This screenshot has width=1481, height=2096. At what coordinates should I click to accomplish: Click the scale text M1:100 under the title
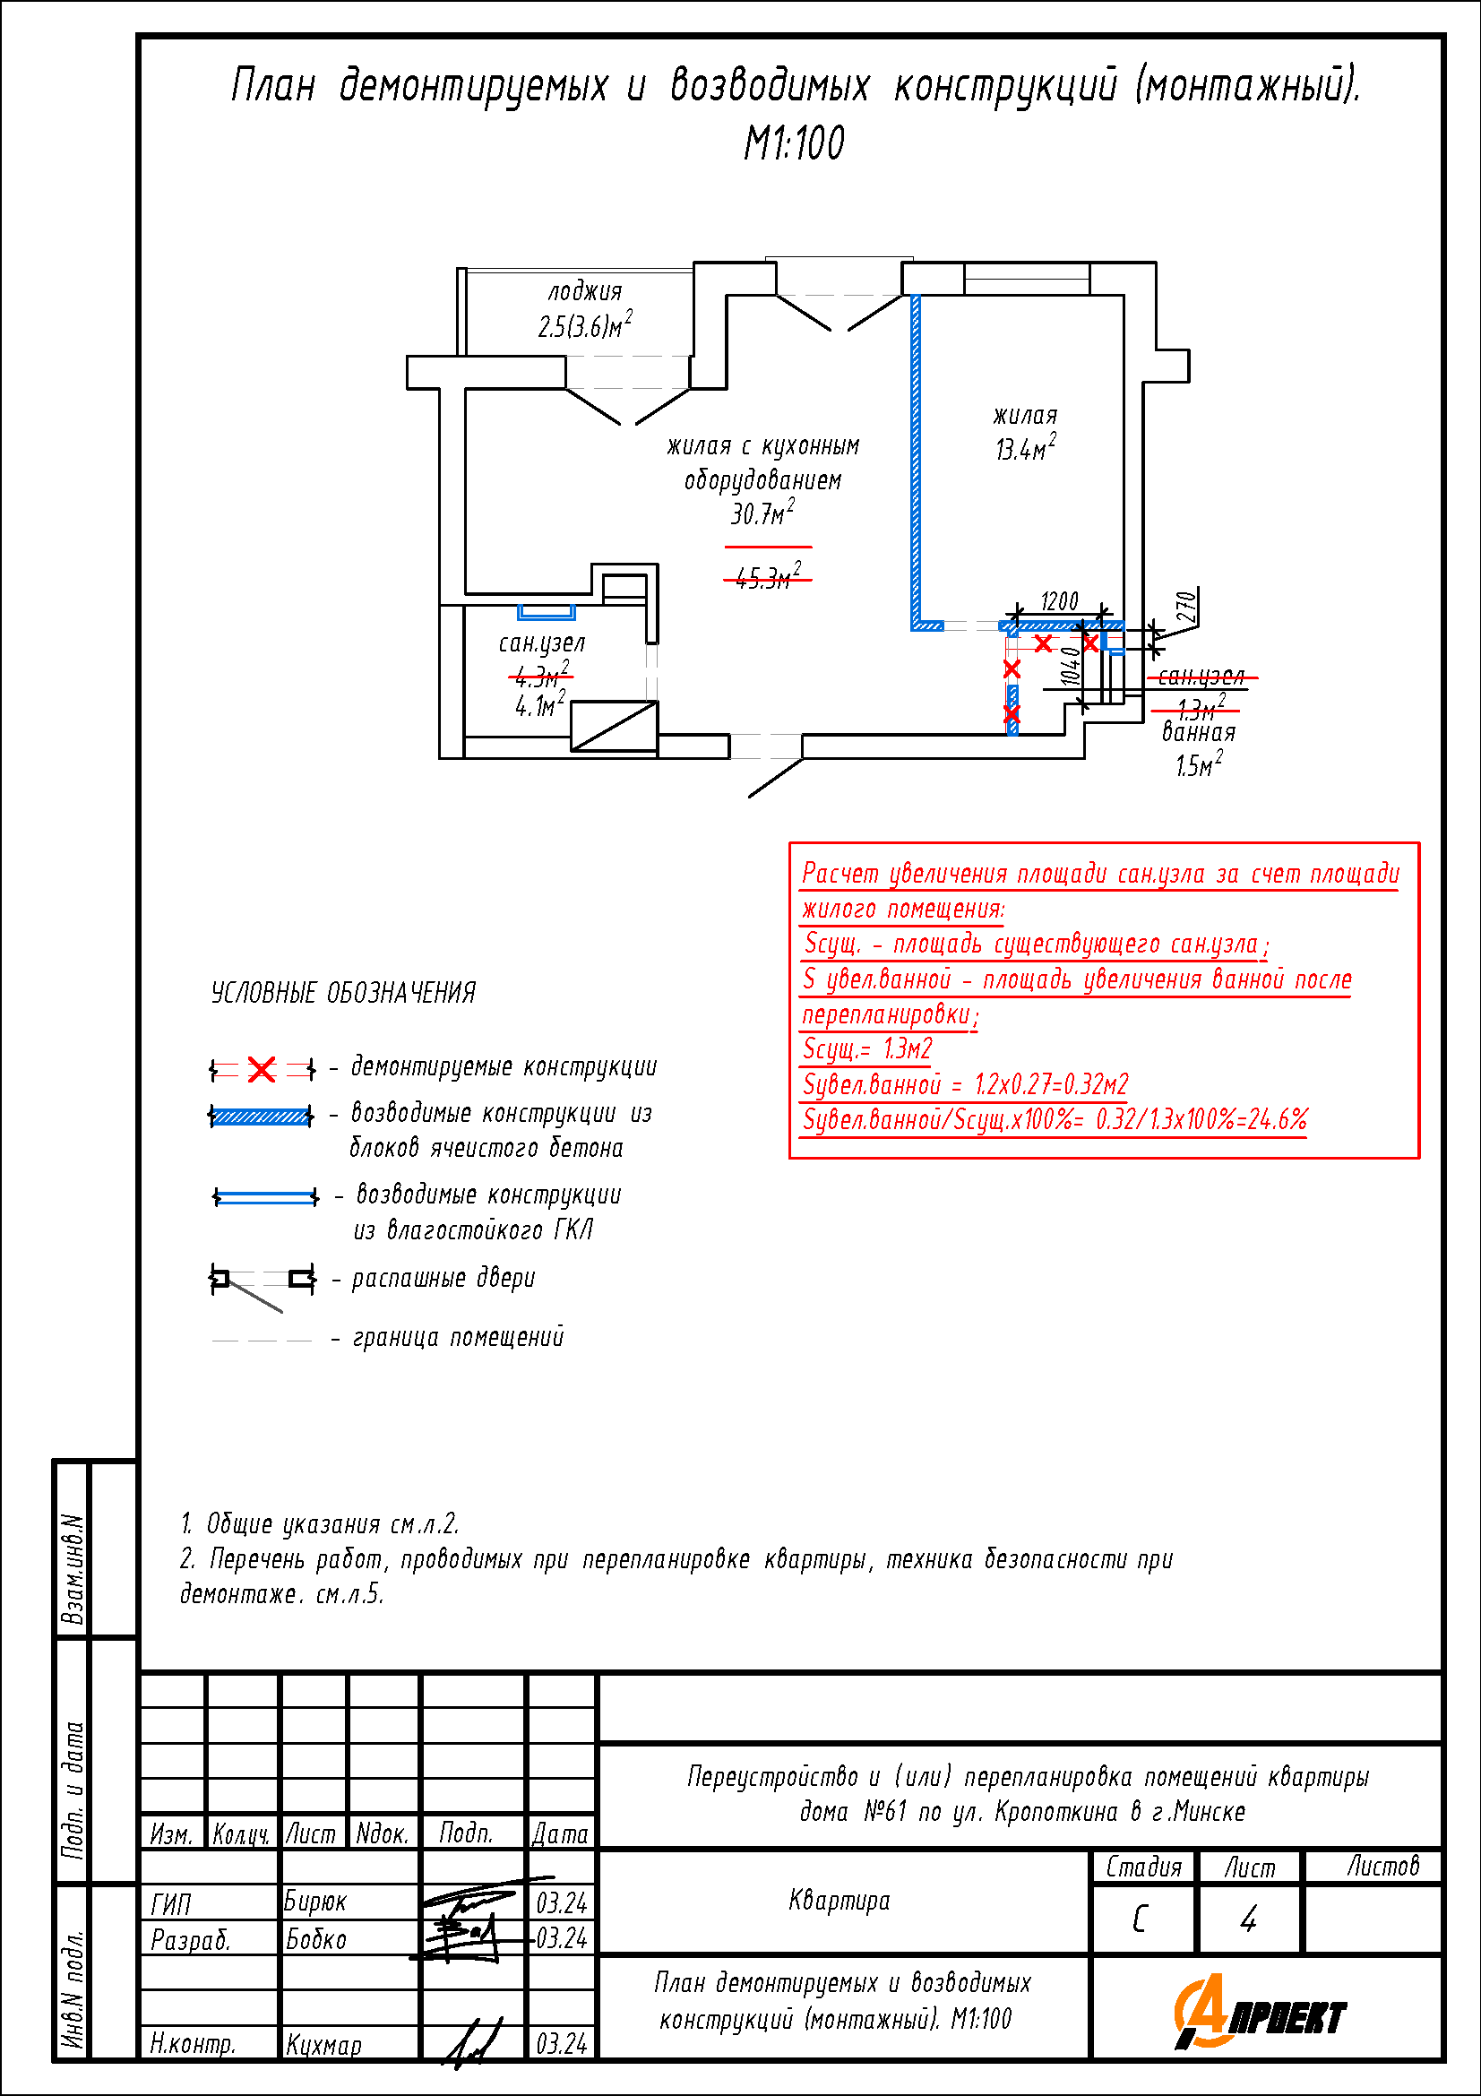794,143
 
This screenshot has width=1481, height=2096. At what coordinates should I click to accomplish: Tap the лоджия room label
585,292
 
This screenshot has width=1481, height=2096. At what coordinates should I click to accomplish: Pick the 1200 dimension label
1058,601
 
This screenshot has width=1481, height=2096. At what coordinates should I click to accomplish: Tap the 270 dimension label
1186,607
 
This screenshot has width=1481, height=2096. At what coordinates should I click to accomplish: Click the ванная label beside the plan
1198,732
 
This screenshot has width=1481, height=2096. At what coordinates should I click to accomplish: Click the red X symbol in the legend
262,1069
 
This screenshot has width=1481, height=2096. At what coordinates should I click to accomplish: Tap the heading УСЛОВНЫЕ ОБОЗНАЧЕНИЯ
343,993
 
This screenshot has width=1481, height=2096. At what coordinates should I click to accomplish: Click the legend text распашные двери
443,1278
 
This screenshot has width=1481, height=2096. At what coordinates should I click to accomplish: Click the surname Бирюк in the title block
314,1902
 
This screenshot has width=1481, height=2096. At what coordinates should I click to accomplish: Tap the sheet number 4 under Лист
1248,1919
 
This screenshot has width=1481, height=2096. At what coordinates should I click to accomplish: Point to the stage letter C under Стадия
1140,1919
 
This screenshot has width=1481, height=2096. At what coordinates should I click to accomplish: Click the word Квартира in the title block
839,1901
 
